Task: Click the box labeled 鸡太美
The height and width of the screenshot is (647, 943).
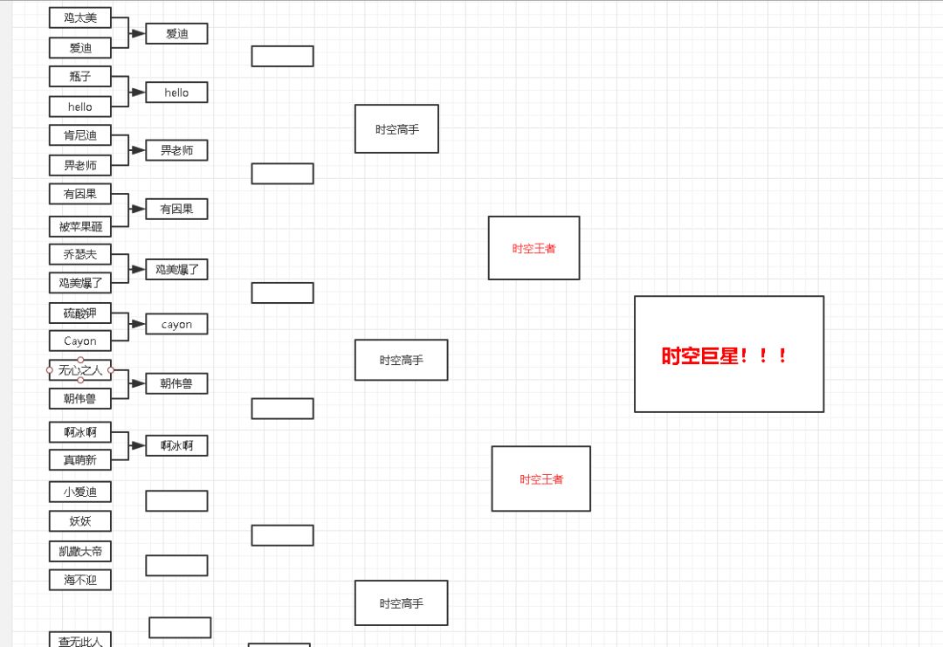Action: point(80,17)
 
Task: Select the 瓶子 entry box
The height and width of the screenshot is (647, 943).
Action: point(80,77)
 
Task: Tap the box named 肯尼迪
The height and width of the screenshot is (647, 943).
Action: point(80,135)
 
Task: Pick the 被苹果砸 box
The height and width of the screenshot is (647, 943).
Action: point(80,227)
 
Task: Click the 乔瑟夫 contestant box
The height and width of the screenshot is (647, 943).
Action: point(80,255)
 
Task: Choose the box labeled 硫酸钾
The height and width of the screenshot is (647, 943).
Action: point(80,313)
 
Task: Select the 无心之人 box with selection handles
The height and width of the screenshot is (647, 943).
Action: point(80,370)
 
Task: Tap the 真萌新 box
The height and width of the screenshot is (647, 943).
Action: point(80,459)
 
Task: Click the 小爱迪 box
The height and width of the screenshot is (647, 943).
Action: point(80,492)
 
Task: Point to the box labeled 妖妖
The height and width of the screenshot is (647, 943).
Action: point(80,522)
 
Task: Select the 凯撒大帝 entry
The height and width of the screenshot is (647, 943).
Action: point(80,552)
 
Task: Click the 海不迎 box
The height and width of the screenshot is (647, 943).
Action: point(80,580)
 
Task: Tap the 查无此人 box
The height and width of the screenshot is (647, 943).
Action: point(80,641)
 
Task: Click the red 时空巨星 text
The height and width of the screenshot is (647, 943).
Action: point(725,356)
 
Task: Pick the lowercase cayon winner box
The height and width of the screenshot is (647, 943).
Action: point(176,325)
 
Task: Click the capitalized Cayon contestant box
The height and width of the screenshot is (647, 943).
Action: point(80,341)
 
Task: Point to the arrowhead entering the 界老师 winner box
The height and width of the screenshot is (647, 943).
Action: point(138,150)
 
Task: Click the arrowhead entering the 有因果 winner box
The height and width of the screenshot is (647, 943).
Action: point(138,209)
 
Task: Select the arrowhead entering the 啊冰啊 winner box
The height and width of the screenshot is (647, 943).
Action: point(138,445)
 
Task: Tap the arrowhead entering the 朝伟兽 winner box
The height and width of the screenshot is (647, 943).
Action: point(138,383)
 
